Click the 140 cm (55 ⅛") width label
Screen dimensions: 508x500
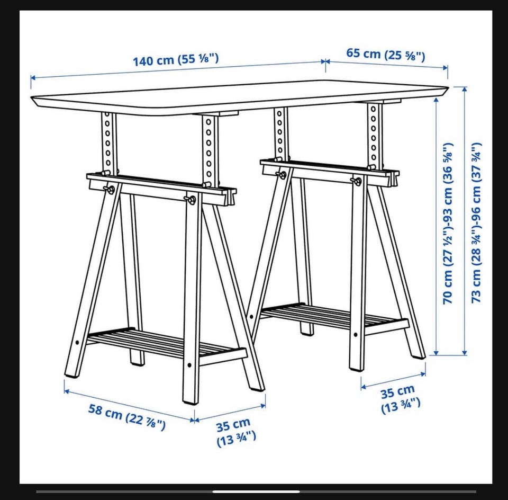pos(176,60)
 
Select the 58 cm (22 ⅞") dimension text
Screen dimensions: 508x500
pos(127,417)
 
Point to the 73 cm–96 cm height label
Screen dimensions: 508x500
pos(476,223)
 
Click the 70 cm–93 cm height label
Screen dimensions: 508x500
pos(448,224)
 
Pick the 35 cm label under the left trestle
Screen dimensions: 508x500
pos(236,433)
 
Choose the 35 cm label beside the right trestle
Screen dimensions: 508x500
pos(400,399)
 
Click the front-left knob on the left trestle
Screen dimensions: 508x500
pos(110,190)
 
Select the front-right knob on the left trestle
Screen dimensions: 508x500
pos(190,200)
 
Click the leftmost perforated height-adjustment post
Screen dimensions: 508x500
pos(108,142)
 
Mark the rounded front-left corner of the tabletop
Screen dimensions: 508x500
pos(34,99)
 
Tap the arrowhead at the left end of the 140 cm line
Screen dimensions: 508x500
pos(33,78)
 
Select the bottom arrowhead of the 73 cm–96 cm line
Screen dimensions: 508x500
pos(465,352)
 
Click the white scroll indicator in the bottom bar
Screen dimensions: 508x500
pos(256,492)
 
